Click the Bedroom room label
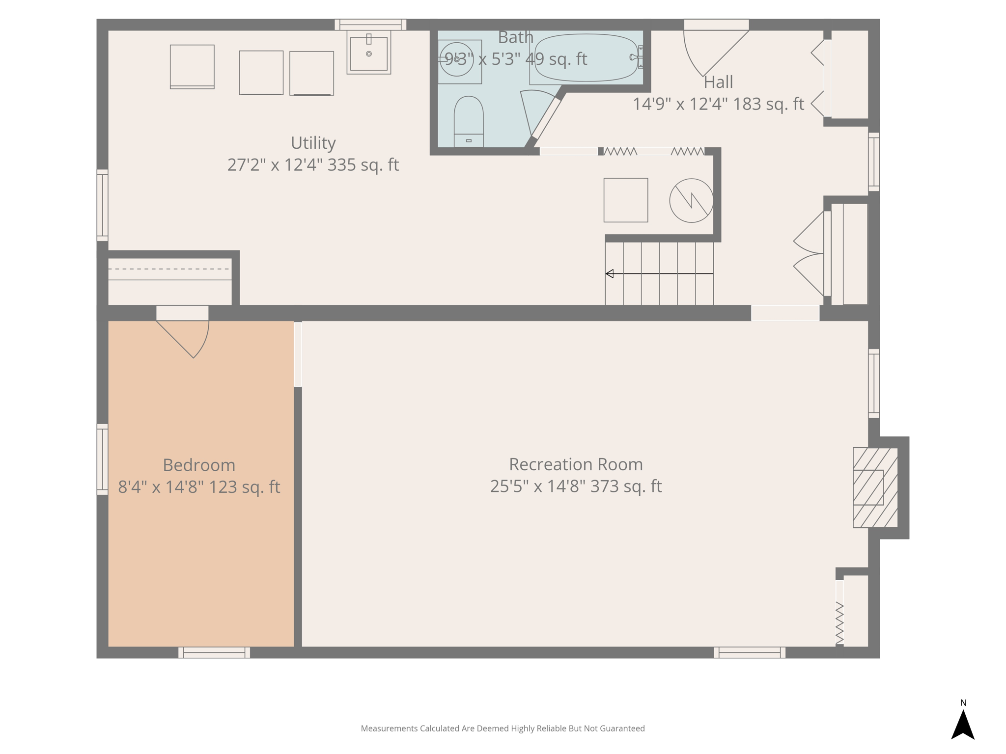coord(199,465)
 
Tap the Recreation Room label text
coord(576,464)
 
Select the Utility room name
coord(313,143)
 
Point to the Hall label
coord(718,82)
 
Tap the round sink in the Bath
coord(456,59)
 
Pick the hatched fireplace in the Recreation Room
coord(875,487)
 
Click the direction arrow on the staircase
coord(610,273)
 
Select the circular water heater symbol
coord(691,200)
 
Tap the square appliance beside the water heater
coord(625,200)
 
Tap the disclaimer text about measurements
coord(503,728)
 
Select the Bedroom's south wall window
coord(214,652)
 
